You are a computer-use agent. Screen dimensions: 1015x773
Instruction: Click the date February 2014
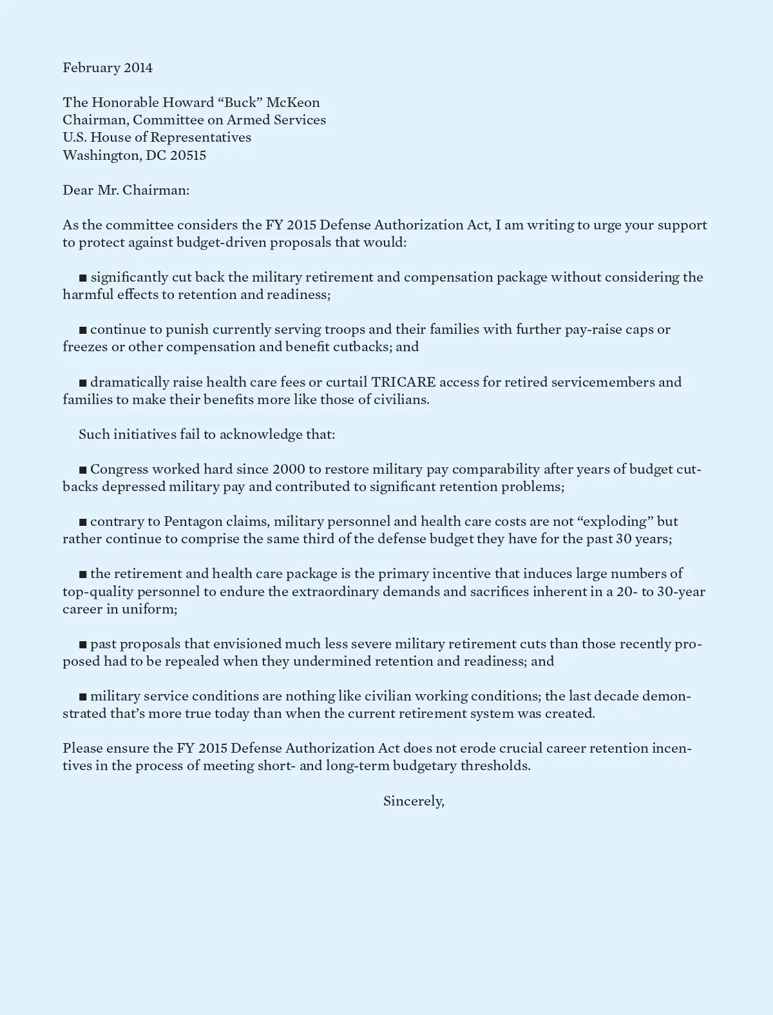(108, 68)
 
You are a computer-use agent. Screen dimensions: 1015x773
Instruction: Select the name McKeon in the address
(293, 102)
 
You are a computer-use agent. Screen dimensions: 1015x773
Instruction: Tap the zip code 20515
(188, 155)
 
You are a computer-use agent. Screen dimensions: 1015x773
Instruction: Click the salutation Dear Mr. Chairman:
(126, 190)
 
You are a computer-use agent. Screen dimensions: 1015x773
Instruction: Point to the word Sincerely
(413, 801)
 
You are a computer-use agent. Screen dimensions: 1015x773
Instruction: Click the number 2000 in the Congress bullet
(289, 469)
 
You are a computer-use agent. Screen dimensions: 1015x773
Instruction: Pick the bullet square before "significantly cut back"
(82, 278)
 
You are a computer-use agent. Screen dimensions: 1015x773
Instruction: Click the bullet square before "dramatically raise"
(82, 383)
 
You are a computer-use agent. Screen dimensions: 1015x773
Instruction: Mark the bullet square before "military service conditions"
(82, 697)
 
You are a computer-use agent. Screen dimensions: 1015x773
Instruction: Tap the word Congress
(119, 469)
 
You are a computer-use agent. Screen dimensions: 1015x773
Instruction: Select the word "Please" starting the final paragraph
(82, 748)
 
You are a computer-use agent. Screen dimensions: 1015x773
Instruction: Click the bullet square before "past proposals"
(82, 644)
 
